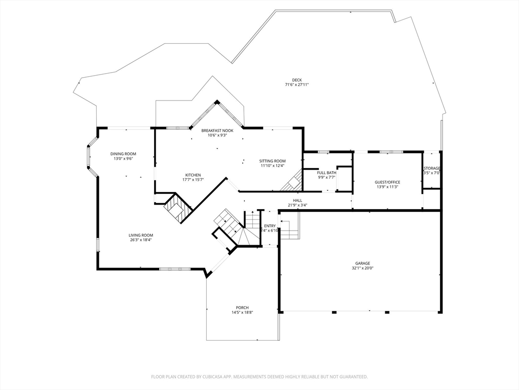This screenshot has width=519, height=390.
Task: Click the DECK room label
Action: click(296, 80)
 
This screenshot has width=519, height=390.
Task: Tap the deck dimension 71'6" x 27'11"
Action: click(296, 85)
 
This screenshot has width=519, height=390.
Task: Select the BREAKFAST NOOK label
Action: click(217, 131)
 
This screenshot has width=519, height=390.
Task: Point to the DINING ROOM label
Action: click(123, 154)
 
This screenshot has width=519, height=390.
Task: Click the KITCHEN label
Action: click(193, 175)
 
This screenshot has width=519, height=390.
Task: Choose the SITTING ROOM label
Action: click(273, 161)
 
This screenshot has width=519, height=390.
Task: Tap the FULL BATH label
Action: click(327, 173)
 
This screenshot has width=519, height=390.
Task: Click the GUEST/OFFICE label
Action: click(387, 182)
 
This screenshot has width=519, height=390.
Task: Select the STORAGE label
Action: click(432, 169)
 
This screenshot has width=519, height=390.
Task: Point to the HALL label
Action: click(298, 201)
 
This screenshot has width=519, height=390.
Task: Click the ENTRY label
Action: click(270, 226)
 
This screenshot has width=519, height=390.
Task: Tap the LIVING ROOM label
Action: click(140, 235)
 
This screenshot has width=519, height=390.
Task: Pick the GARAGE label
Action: click(362, 264)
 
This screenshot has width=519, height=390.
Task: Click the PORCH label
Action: click(242, 308)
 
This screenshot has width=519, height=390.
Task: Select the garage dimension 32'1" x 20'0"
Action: click(362, 268)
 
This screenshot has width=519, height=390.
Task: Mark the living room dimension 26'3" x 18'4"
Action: click(140, 240)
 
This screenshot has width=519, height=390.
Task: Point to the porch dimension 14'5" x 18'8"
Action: click(242, 312)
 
